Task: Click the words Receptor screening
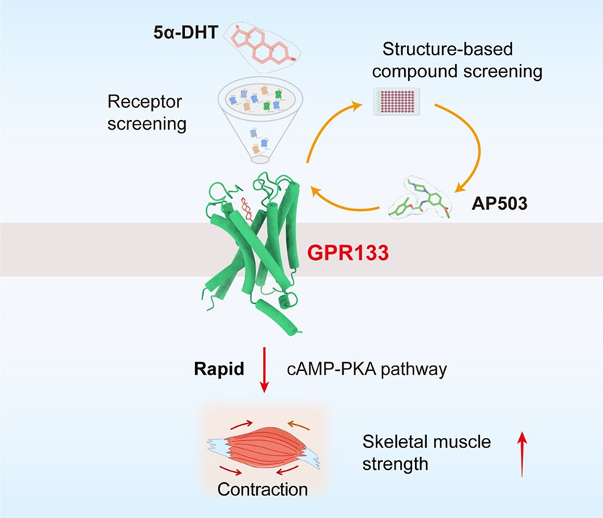(146, 112)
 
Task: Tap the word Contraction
(262, 489)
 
